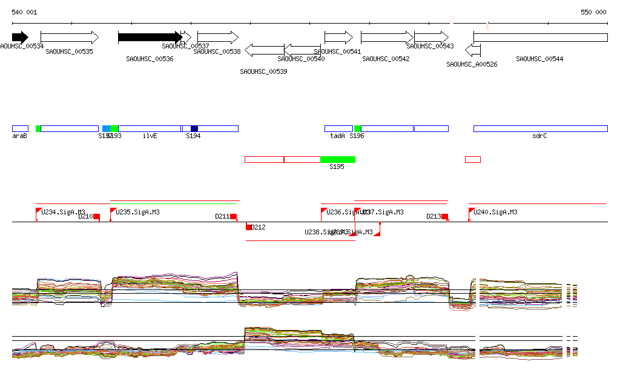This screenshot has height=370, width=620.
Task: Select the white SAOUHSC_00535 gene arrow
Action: [69, 38]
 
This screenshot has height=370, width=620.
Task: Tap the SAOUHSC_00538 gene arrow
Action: [218, 38]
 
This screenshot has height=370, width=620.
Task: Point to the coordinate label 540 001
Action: [24, 12]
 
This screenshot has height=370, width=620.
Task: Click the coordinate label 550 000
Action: [593, 12]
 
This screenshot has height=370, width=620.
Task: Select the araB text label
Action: [19, 136]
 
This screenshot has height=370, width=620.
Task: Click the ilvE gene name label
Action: [150, 136]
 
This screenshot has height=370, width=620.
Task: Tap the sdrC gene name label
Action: [539, 136]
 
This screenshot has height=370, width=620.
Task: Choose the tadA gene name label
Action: [337, 136]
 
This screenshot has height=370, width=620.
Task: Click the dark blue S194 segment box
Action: [194, 128]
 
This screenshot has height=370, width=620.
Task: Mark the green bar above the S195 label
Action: [338, 159]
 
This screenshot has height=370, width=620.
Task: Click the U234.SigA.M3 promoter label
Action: [63, 212]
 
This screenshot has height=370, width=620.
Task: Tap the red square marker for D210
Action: [96, 217]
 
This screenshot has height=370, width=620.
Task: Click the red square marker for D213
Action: [444, 216]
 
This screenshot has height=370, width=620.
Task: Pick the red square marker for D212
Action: [248, 227]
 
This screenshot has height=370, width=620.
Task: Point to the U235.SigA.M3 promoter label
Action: [137, 212]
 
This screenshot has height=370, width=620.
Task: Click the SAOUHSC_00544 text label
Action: [539, 59]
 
